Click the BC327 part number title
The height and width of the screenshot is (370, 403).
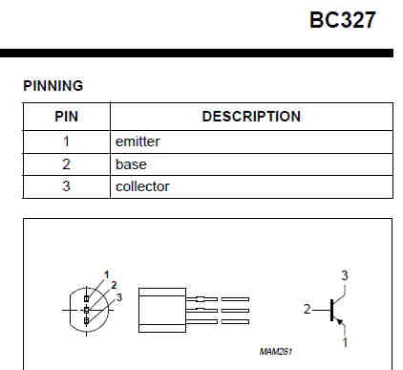(343, 20)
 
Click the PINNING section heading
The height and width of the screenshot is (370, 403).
(53, 86)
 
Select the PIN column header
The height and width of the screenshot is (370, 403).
(66, 117)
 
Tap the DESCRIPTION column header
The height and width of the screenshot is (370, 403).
(251, 117)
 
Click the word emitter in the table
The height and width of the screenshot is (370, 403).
(138, 141)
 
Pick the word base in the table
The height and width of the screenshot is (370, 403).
(131, 164)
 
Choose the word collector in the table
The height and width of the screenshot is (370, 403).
(142, 186)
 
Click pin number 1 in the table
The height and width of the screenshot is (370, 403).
(66, 141)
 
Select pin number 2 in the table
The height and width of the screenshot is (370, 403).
(66, 164)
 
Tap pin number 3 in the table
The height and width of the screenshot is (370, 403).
(66, 186)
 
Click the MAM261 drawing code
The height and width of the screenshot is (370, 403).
(276, 352)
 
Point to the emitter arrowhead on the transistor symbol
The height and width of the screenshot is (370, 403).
(340, 322)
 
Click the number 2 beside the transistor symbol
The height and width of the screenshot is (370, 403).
(307, 309)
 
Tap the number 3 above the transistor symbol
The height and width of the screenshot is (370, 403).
(345, 275)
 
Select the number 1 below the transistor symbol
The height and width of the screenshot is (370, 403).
(345, 342)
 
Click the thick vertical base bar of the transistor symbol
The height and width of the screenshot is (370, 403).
(331, 310)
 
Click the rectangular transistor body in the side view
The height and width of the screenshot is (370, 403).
(162, 311)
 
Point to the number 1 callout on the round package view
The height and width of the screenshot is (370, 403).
(107, 274)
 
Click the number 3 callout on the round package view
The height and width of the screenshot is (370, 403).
(119, 297)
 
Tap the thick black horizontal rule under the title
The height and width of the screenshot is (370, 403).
(197, 53)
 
